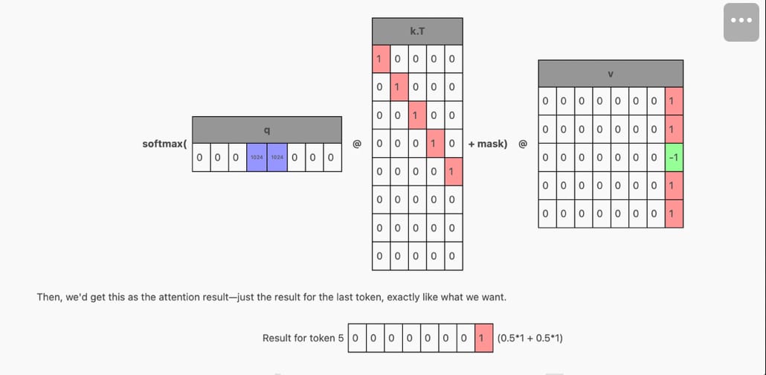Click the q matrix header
266,130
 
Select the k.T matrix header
417,31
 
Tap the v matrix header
611,74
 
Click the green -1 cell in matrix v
675,158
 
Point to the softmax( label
164,144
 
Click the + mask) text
487,144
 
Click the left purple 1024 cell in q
257,158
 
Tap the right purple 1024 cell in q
277,158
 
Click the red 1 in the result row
483,338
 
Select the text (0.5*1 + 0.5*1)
530,339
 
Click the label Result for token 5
303,339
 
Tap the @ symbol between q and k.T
357,144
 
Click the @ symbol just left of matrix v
522,144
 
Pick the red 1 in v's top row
675,101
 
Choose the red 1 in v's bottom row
675,214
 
